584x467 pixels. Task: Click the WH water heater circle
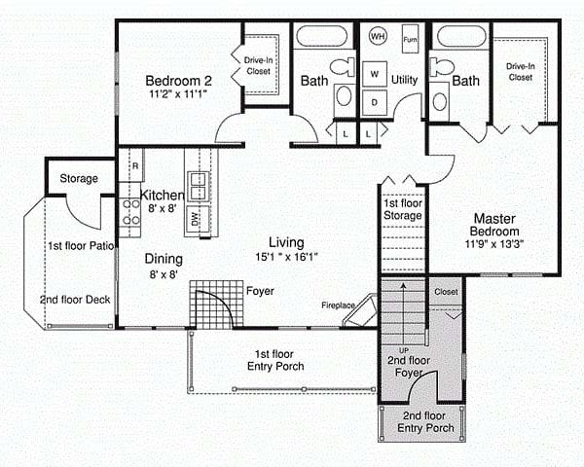point(378,36)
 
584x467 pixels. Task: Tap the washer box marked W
point(375,74)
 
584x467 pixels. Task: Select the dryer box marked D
point(375,102)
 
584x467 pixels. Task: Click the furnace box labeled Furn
point(410,39)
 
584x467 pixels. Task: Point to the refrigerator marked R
point(131,165)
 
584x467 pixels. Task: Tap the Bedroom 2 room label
point(178,81)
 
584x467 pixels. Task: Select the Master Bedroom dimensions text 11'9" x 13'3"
point(494,244)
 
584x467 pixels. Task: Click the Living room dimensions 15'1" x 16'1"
point(286,257)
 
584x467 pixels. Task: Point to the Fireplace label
point(338,305)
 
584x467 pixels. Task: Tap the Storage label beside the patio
point(79,178)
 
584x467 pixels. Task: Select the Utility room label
point(404,80)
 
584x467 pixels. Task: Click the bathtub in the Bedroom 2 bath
point(322,36)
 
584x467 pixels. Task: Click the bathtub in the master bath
point(461,36)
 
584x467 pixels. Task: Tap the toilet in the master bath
point(442,67)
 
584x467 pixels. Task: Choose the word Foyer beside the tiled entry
point(260,291)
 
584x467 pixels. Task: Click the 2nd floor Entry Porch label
point(425,422)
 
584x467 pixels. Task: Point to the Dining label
point(164,259)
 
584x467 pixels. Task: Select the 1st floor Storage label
point(403,209)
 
